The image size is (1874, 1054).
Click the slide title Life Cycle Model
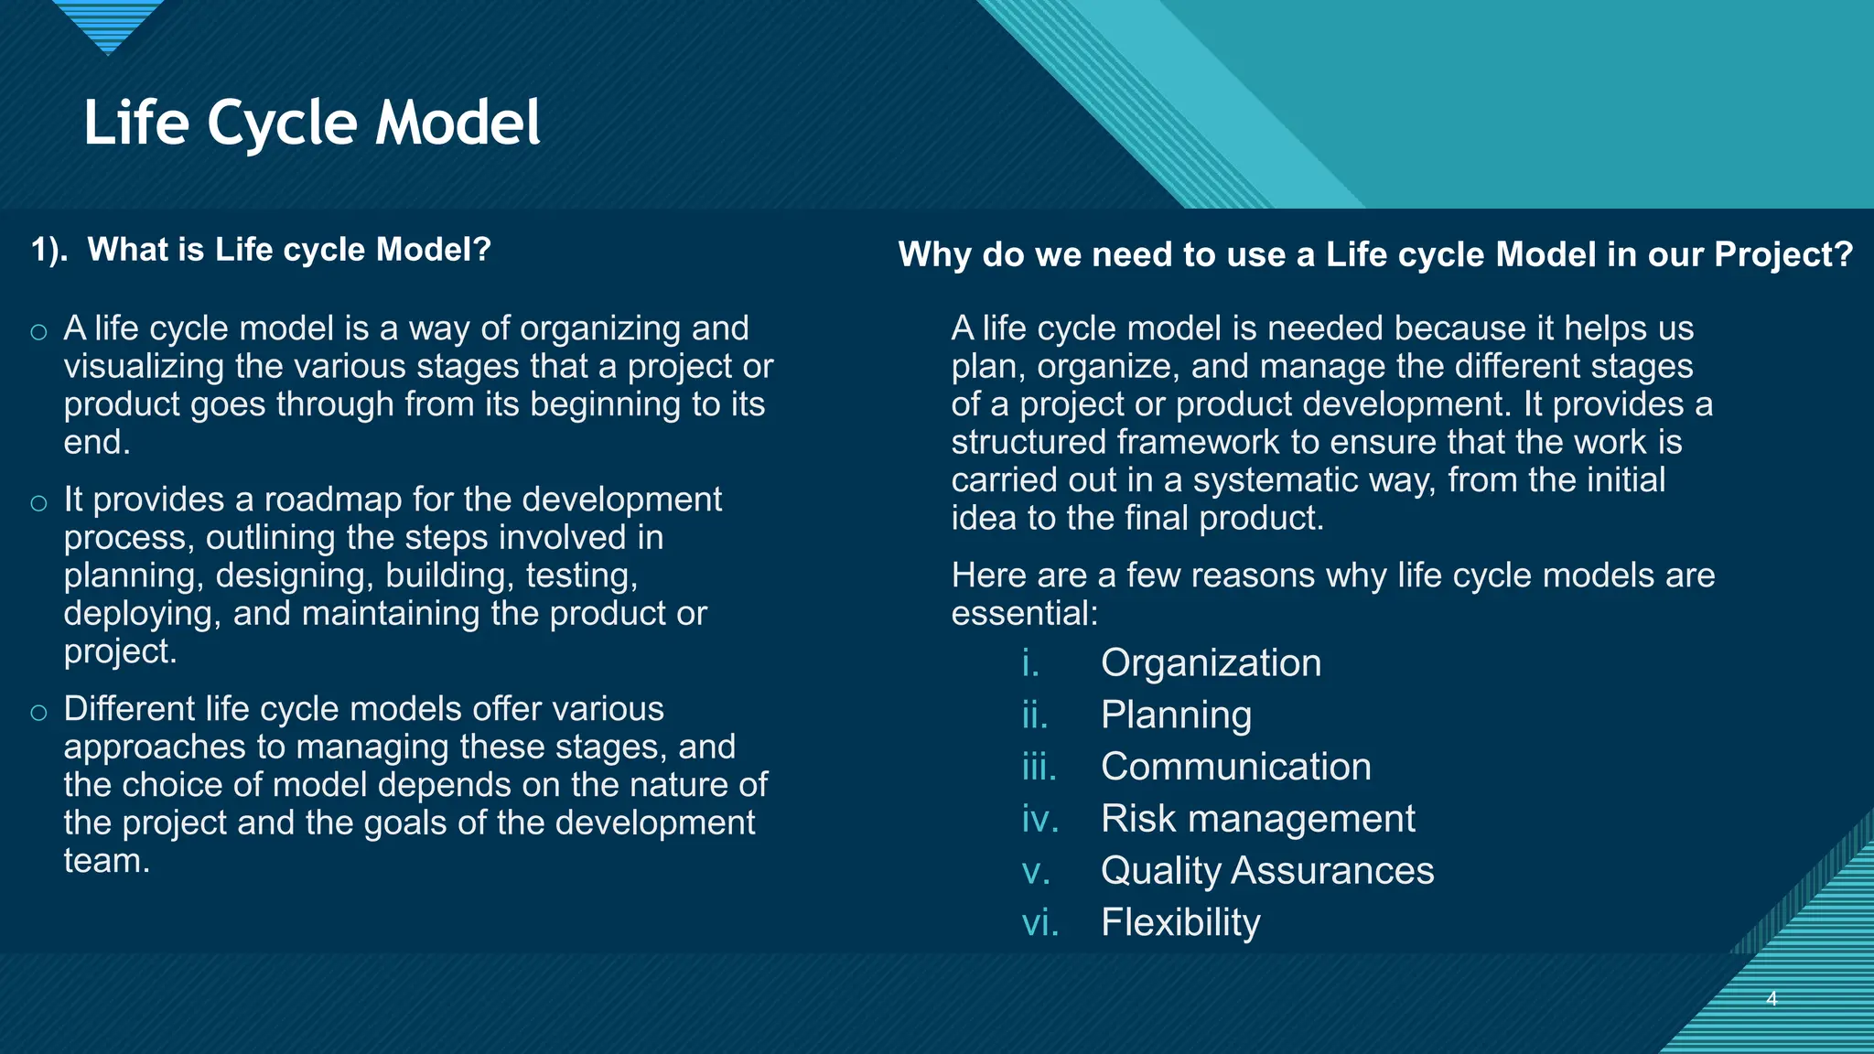coord(312,123)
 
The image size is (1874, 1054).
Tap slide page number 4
coord(1772,999)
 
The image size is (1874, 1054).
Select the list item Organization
coord(1211,662)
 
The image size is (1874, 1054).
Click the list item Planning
coord(1176,715)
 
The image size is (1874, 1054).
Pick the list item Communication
coord(1235,767)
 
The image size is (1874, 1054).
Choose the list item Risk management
coord(1257,819)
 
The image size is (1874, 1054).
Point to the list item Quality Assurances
coord(1267,870)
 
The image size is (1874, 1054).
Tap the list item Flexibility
coord(1180,922)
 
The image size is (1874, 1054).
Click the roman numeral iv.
coord(1039,819)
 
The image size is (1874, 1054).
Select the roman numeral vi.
coord(1039,922)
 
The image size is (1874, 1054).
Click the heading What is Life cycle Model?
coord(262,250)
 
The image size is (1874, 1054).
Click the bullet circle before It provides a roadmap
coord(38,502)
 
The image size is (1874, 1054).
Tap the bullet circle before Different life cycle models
coord(38,712)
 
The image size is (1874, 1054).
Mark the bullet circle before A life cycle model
coord(38,331)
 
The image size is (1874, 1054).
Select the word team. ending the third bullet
coord(107,861)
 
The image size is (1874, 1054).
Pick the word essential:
coord(1024,613)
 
